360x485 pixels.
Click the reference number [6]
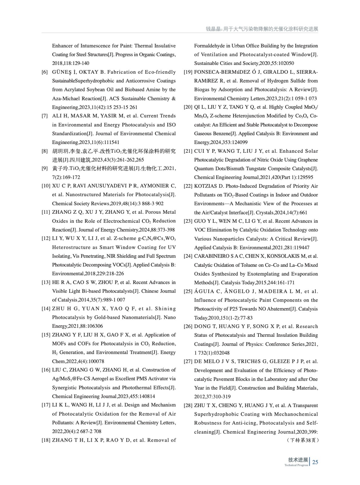point(45,72)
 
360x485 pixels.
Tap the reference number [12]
point(46,239)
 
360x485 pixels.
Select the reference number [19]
point(188,72)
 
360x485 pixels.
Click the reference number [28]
point(188,406)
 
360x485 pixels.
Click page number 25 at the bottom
point(315,462)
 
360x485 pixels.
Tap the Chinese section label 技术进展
point(298,460)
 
